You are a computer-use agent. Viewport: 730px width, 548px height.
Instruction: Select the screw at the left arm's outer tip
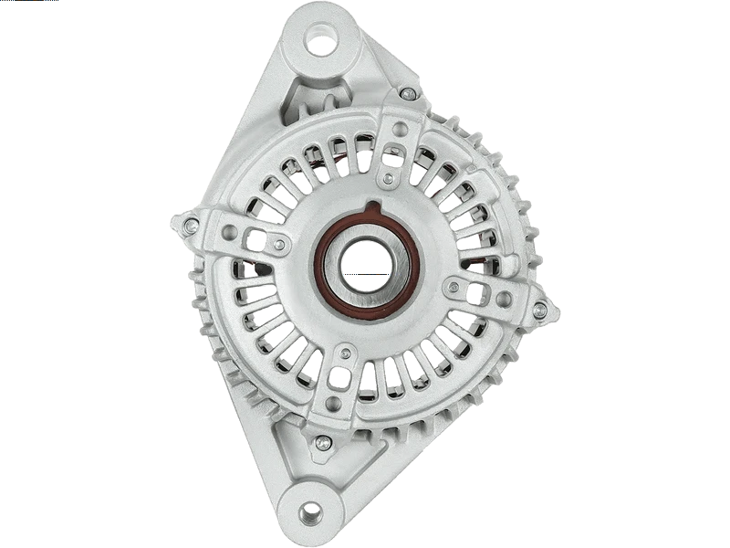191,224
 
